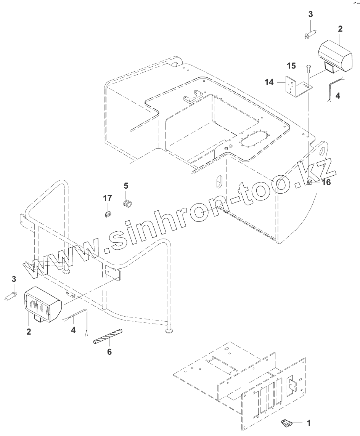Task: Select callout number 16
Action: [326, 182]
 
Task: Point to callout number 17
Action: [108, 198]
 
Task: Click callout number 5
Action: [126, 186]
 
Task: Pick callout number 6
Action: [109, 352]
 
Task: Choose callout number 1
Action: [309, 423]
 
